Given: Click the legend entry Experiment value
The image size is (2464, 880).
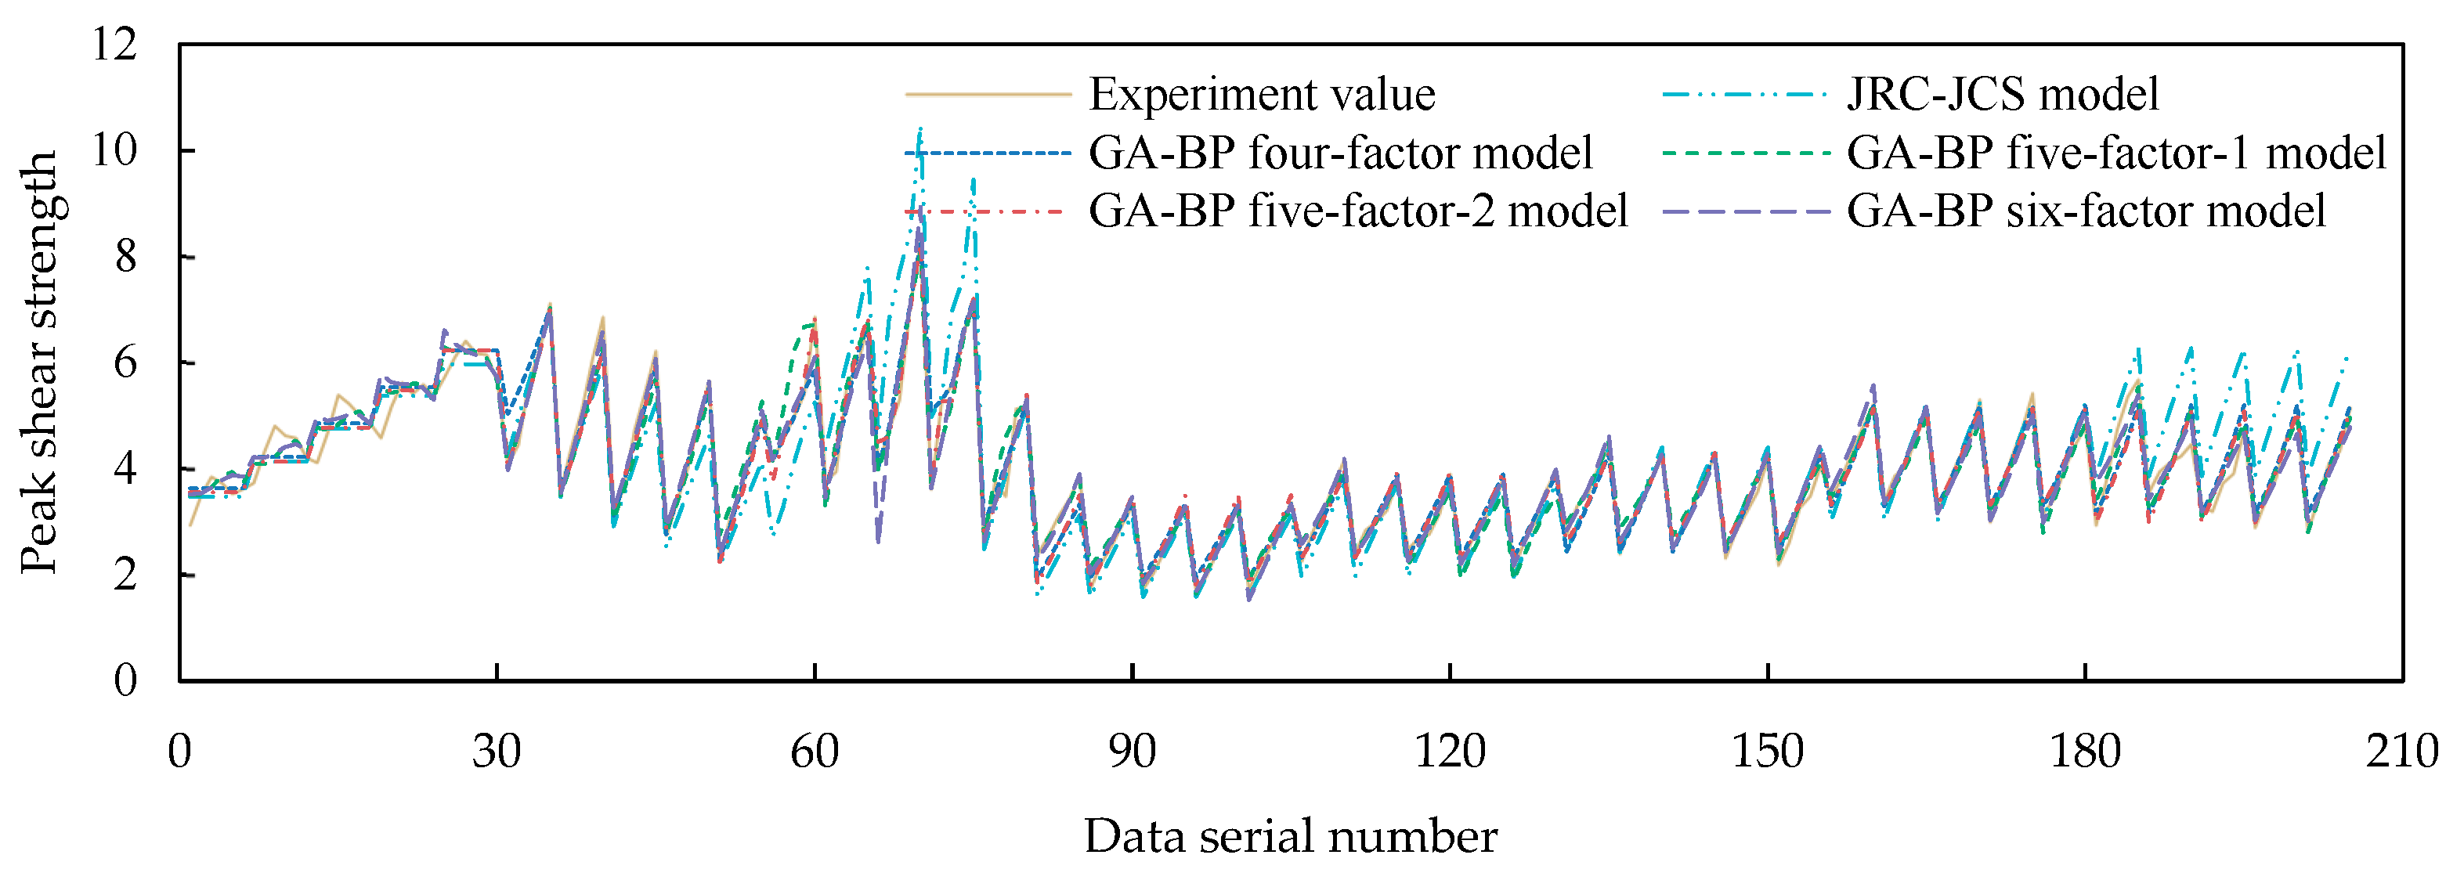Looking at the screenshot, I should click(1261, 95).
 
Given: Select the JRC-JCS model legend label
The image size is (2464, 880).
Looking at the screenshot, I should click(2002, 95).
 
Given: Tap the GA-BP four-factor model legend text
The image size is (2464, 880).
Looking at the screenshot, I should click(1340, 153).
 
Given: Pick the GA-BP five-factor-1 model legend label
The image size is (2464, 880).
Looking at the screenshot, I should click(2115, 153).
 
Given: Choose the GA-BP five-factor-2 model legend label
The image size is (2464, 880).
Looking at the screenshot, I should click(1357, 211).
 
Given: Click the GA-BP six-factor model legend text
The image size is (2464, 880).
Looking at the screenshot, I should click(2085, 211).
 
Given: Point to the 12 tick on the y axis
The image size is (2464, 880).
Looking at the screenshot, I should click(115, 44).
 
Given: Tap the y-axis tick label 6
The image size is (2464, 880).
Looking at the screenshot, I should click(125, 362).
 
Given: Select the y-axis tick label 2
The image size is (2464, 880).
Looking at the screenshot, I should click(125, 575).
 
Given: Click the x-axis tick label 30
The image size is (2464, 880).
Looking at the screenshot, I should click(497, 752).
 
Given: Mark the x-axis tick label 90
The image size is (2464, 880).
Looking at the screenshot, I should click(1132, 752).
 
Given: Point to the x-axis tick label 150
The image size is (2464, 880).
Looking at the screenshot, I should click(1767, 752).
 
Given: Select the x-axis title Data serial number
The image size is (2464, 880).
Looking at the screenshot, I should click(1289, 837).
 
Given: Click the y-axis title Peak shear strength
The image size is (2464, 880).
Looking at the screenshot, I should click(40, 362).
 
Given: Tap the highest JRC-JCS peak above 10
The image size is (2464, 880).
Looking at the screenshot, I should click(920, 129).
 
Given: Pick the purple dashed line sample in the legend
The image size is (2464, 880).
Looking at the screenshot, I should click(1746, 211).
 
